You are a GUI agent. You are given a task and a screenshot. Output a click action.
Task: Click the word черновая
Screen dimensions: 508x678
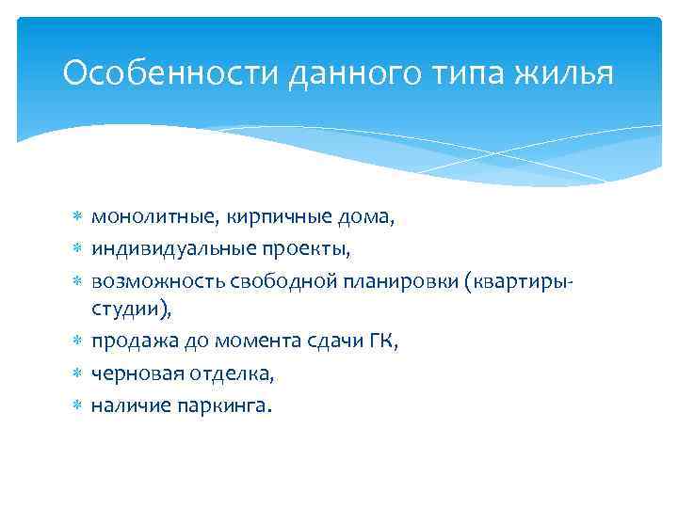pyautogui.click(x=133, y=374)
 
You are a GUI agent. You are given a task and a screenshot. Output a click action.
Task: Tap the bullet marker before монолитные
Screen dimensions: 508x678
pyautogui.click(x=78, y=217)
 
